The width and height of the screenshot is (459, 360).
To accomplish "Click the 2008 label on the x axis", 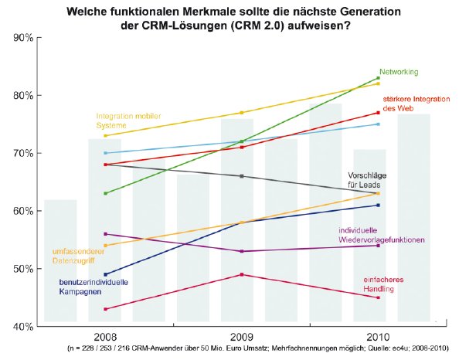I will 106,338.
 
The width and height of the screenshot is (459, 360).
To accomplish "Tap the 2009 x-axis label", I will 242,338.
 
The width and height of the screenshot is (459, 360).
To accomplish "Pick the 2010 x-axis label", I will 378,338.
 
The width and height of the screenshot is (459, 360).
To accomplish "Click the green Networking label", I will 399,72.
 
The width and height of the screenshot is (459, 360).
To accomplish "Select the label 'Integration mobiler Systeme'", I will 129,120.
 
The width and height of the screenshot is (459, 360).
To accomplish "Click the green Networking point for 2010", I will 378,78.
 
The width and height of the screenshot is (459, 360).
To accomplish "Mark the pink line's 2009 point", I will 242,274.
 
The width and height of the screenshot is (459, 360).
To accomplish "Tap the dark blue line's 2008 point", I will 106,274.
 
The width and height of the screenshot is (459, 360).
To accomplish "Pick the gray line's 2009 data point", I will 242,176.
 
